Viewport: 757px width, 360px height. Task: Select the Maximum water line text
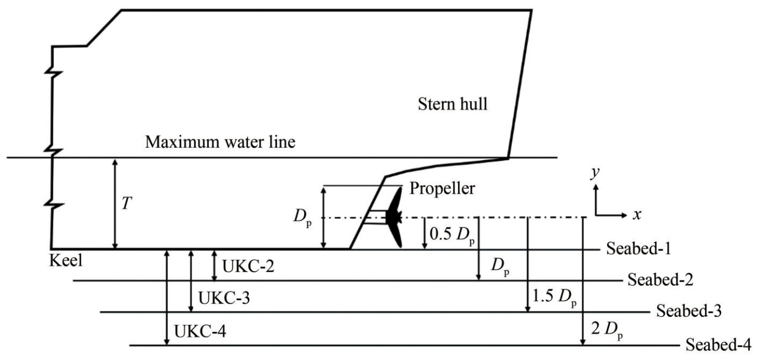(220, 142)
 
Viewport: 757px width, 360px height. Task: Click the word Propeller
(442, 188)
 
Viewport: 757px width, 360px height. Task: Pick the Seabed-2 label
(661, 279)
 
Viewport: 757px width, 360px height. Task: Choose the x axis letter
(637, 214)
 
